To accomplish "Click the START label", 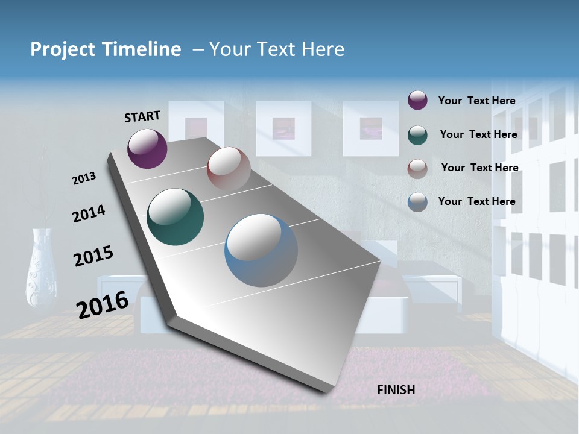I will coord(142,116).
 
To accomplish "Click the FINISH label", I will coord(396,390).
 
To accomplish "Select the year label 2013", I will coord(84,178).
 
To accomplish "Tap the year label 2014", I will coord(89,213).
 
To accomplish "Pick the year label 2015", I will coord(93,256).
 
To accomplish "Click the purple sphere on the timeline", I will coord(147,148).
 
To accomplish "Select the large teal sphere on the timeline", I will coord(175,217).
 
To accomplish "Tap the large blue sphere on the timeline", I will coord(261,250).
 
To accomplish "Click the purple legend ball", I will coord(417,100).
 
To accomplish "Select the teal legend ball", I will coord(417,134).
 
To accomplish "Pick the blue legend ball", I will coord(417,202).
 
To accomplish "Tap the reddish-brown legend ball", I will coord(417,168).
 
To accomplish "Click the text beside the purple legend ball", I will coord(476,101).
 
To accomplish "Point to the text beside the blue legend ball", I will coord(476,201).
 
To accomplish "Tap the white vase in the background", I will coord(42,268).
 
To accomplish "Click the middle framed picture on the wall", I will coord(283,128).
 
